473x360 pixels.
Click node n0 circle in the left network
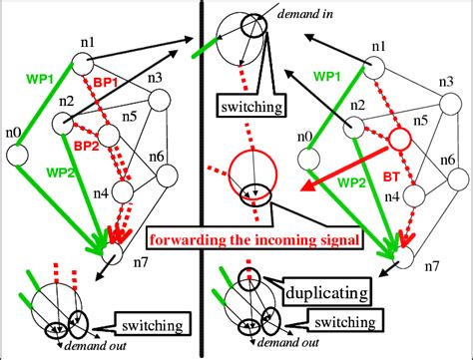click(x=16, y=155)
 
